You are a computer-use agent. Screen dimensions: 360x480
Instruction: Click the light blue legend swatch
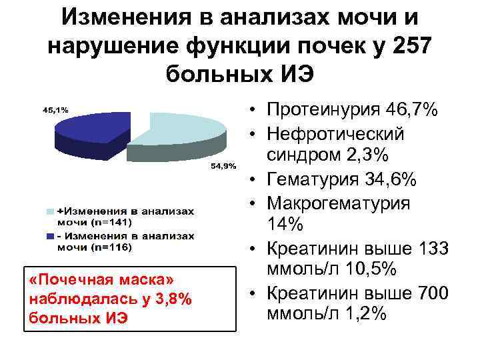[50, 211]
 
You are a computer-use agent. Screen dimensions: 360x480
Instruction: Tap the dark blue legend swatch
[50, 236]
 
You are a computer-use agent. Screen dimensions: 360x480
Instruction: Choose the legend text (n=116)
[113, 247]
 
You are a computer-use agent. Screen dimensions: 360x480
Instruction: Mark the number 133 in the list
[434, 249]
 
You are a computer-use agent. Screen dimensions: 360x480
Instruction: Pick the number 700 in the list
[434, 293]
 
